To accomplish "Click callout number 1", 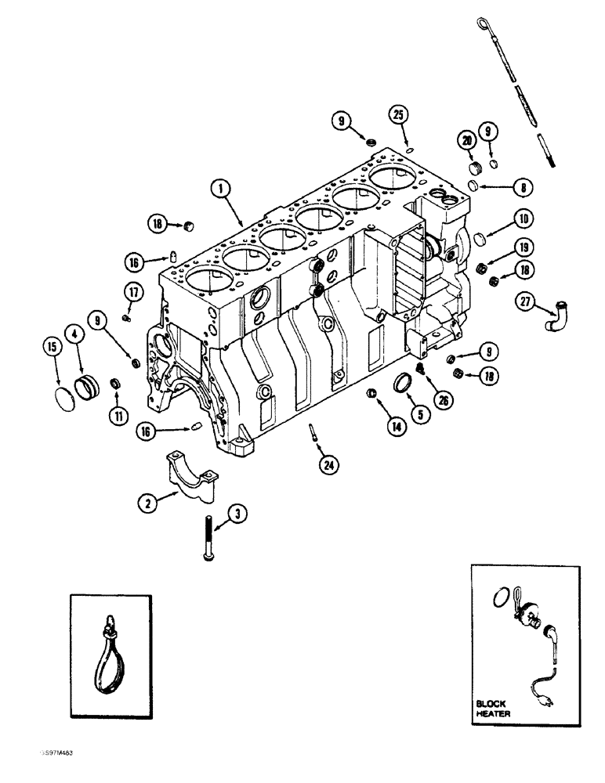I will click(222, 187).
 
